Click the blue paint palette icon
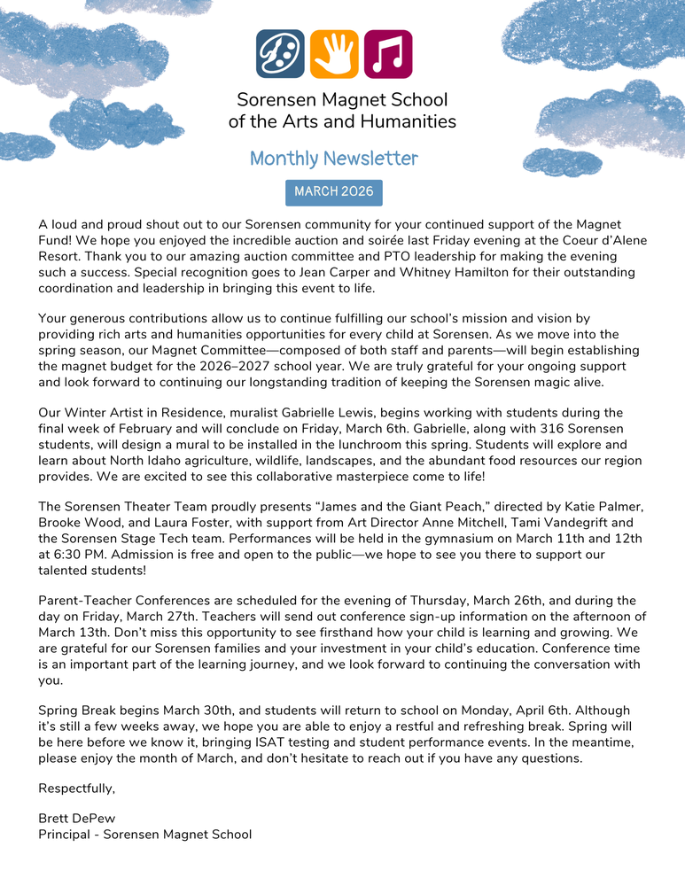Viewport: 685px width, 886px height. [x=280, y=54]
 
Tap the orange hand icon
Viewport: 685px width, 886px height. [x=334, y=54]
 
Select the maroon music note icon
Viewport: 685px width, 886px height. [x=388, y=54]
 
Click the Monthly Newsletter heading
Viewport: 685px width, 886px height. [x=333, y=159]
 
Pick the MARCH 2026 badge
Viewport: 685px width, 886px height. [x=333, y=192]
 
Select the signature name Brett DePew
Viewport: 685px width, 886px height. [x=77, y=819]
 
